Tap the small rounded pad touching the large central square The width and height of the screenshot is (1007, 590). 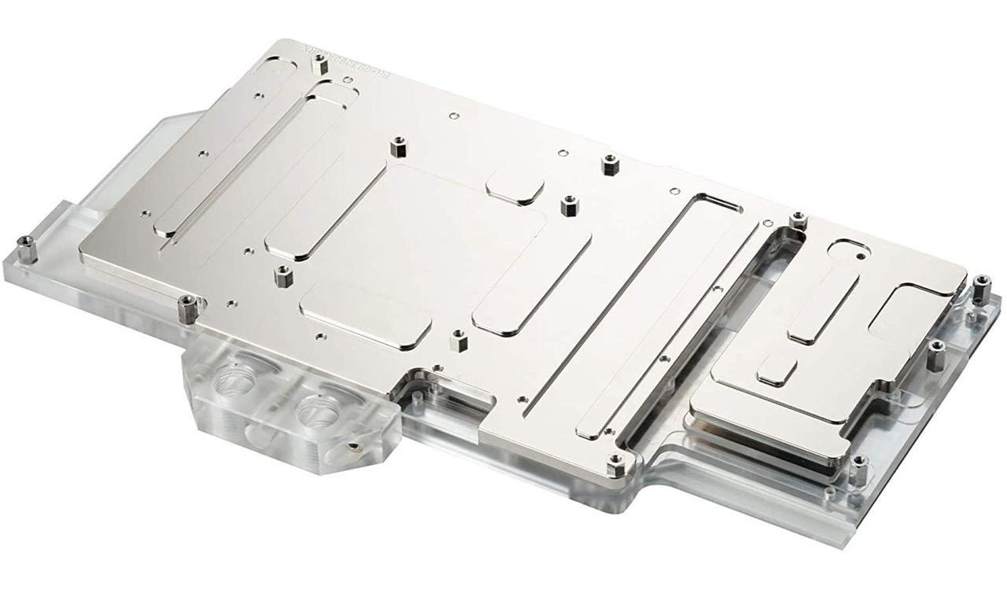[516, 188]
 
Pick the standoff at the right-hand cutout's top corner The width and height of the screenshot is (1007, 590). [796, 221]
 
